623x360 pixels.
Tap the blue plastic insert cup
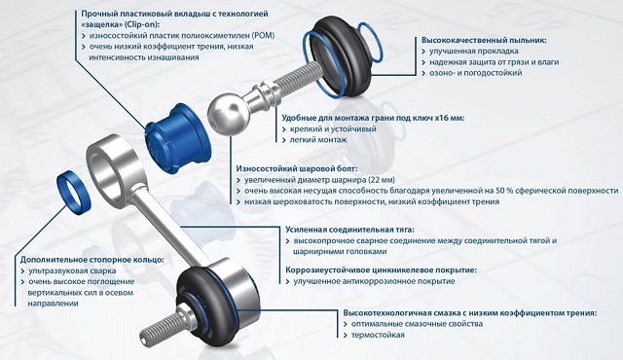pos(178,139)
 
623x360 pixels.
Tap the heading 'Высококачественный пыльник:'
pos(484,40)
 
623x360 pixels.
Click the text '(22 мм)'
pos(382,180)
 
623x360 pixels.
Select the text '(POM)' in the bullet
pos(263,35)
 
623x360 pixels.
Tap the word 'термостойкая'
pos(378,335)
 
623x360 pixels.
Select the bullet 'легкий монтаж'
pos(318,140)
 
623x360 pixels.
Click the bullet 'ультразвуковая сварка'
pos(72,270)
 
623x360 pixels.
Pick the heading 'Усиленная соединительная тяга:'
pos(350,230)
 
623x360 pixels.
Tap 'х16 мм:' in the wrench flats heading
pos(450,118)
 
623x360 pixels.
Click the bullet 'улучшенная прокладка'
pos(474,51)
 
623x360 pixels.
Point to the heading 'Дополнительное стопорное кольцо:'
pos(92,260)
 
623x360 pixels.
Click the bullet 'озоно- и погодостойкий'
pos(476,73)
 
